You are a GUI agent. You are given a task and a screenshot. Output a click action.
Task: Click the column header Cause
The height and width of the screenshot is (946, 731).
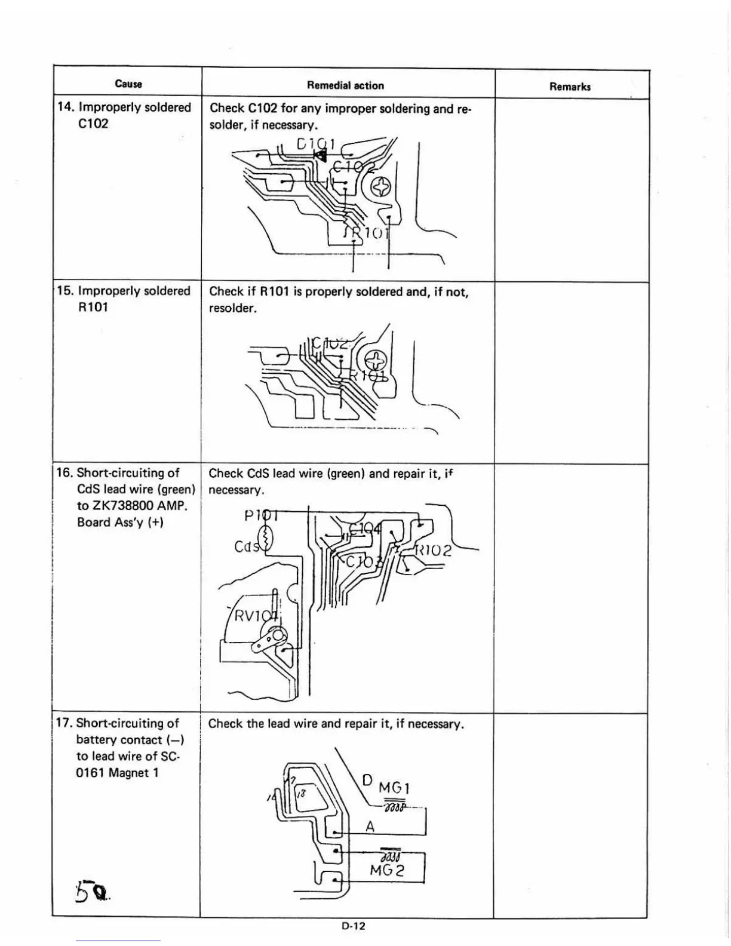point(128,84)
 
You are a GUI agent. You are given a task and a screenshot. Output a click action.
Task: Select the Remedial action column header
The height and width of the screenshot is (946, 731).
point(345,85)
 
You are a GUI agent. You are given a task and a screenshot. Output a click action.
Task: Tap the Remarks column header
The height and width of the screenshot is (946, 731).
point(570,87)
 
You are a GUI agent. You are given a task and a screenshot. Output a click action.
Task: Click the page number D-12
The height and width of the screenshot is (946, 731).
point(354,926)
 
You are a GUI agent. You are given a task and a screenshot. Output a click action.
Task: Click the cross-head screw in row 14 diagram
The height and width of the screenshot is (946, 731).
point(380,188)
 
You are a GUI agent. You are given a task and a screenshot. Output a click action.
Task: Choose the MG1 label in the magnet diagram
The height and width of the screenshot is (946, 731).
point(394,788)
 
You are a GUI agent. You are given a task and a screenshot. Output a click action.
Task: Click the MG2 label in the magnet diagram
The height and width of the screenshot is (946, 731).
point(387,870)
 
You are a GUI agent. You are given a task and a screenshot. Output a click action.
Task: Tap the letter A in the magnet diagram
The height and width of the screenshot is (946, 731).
point(370,827)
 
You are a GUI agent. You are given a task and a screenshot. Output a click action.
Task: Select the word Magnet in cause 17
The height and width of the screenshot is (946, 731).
point(128,773)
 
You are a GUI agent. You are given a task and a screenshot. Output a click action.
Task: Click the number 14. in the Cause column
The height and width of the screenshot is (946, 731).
point(66,107)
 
